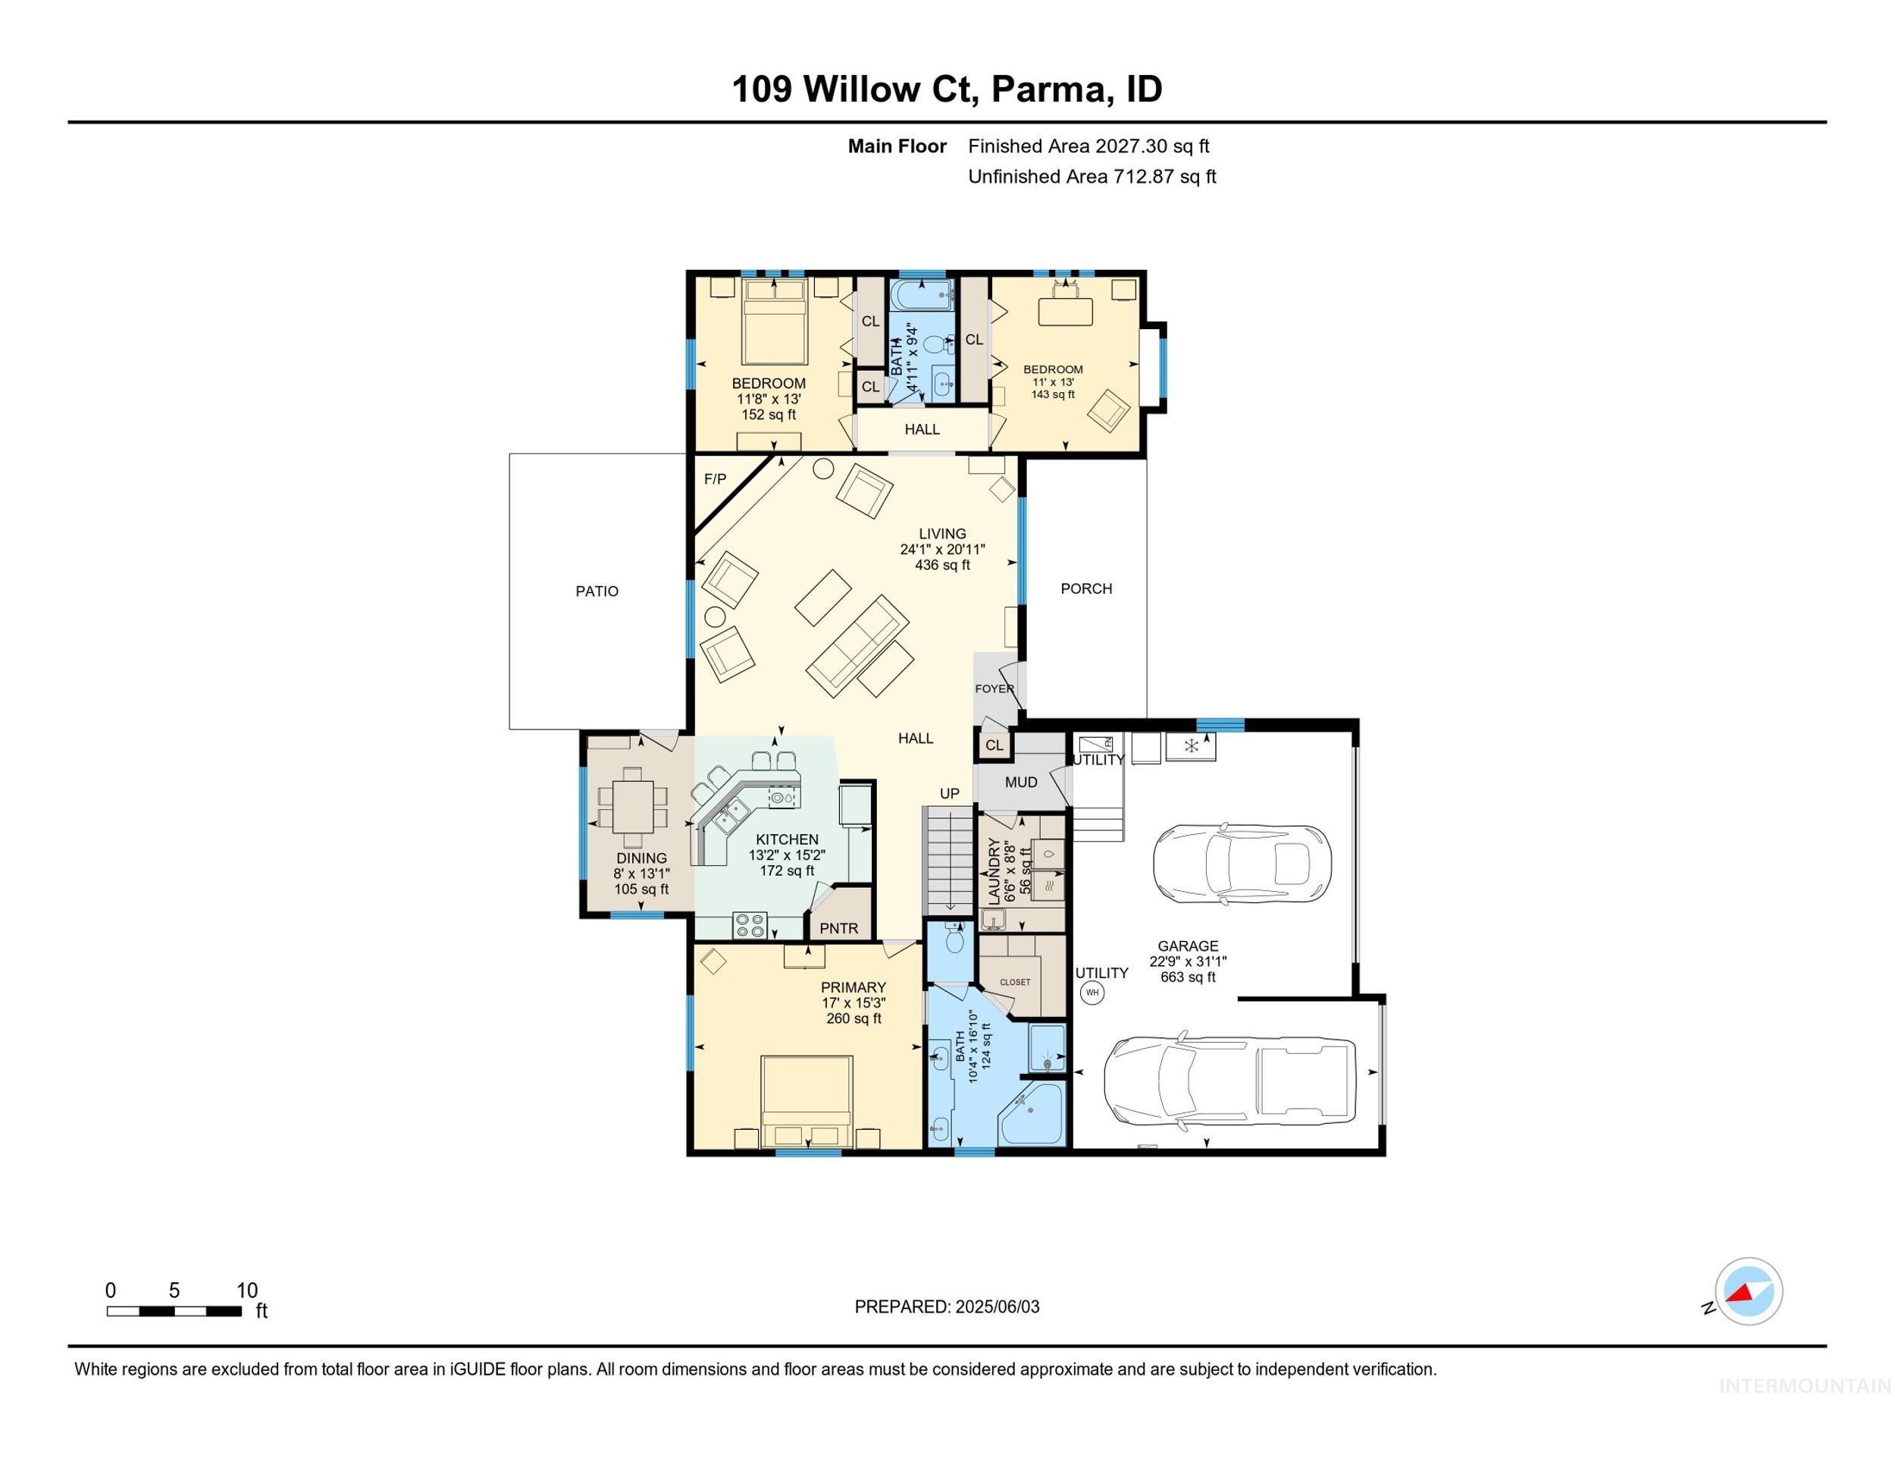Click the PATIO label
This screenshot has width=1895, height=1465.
point(597,591)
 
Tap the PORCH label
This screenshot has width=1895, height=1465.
point(1085,588)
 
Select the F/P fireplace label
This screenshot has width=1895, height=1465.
point(715,479)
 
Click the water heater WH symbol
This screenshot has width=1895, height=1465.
point(1092,992)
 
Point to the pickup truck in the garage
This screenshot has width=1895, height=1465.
point(1229,1080)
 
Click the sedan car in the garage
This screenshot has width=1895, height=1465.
point(1242,863)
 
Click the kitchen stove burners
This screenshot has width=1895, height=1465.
point(750,925)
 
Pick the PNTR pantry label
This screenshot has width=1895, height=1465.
point(839,928)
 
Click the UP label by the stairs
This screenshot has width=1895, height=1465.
point(949,793)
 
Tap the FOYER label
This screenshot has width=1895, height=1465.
point(994,689)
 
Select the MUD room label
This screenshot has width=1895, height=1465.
point(1021,782)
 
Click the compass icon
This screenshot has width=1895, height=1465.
point(1749,1291)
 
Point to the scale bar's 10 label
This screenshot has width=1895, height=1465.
point(247,1291)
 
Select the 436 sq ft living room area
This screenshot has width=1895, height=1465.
point(942,565)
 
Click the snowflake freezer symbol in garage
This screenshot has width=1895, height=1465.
point(1191,745)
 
